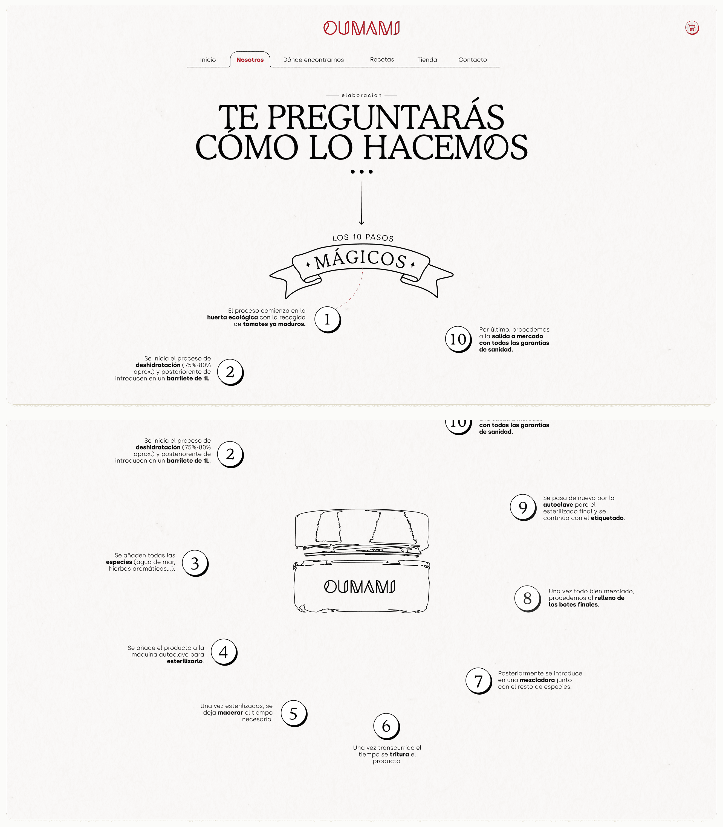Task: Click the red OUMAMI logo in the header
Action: [x=361, y=28]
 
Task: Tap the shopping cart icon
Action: [x=692, y=28]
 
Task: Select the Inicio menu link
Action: [x=208, y=60]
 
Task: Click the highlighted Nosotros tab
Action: [x=250, y=60]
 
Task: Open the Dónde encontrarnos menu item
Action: [x=314, y=60]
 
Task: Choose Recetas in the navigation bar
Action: [x=382, y=59]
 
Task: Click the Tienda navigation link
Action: [x=427, y=60]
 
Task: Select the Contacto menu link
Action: [x=472, y=60]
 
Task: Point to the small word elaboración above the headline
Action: [x=361, y=95]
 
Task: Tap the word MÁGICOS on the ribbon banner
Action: [x=360, y=259]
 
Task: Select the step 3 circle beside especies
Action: [x=195, y=563]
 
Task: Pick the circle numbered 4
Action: [x=224, y=652]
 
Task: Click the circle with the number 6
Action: [x=386, y=726]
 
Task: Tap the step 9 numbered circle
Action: [x=523, y=507]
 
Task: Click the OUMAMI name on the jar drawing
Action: [x=360, y=587]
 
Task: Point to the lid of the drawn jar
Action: [x=361, y=529]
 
